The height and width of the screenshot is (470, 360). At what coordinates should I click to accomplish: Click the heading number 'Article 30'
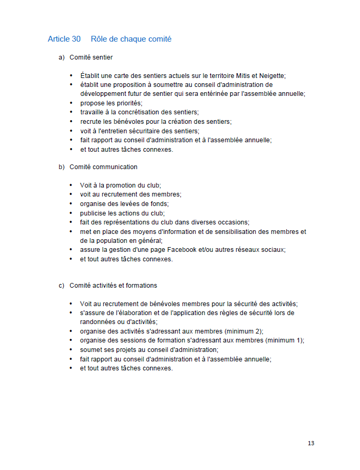click(x=64, y=39)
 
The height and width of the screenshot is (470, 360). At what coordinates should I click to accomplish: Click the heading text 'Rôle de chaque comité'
click(x=131, y=39)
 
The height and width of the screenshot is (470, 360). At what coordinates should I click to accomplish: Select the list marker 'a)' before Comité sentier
click(x=62, y=57)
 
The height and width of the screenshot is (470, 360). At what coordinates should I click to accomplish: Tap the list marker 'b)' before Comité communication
click(x=62, y=167)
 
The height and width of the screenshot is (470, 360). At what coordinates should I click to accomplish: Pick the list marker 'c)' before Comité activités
click(x=62, y=286)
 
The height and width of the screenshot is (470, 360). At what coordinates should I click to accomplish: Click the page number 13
click(x=311, y=443)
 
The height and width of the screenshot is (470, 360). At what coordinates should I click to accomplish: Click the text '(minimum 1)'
click(x=284, y=340)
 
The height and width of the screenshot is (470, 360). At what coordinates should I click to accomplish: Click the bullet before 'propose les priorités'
click(x=71, y=103)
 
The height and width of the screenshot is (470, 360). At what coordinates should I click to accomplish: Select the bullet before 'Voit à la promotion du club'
click(x=71, y=185)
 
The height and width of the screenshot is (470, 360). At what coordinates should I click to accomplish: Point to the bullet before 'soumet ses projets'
click(x=71, y=350)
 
